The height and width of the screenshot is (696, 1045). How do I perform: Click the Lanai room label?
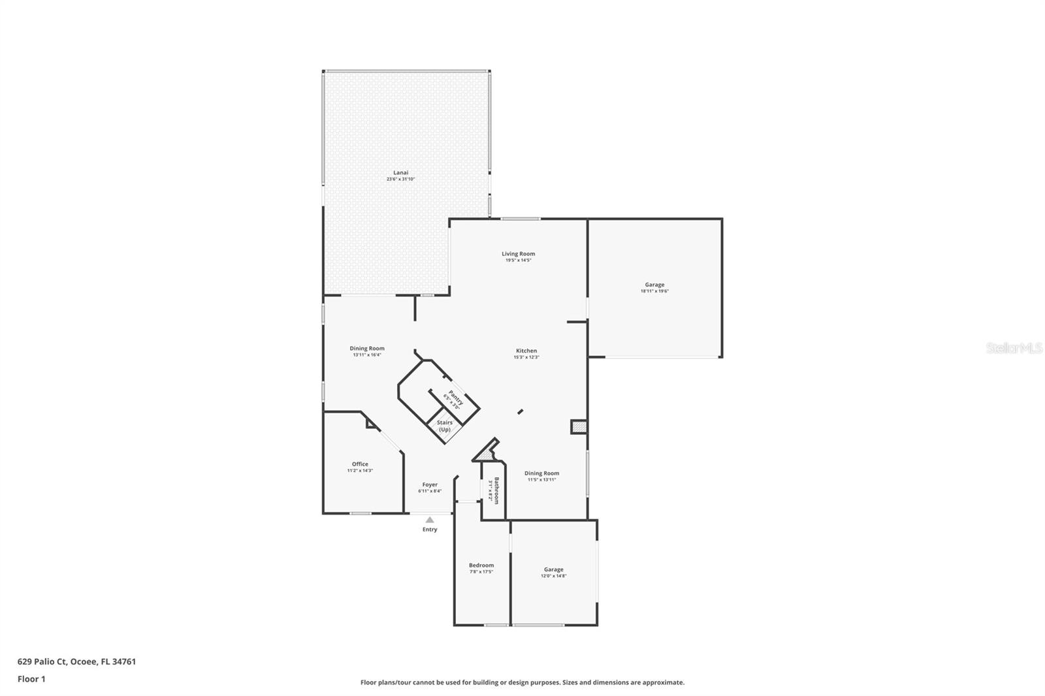400,172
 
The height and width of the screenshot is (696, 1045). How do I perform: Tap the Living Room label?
518,254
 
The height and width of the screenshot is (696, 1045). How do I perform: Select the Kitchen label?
526,351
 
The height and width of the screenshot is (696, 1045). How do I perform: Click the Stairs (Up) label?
445,426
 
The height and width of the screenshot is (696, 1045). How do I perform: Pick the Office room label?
360,464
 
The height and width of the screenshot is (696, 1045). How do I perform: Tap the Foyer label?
430,484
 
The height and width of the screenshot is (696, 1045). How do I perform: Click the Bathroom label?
496,490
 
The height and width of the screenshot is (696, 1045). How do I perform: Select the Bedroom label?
481,565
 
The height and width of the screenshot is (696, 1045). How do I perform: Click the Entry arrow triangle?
430,520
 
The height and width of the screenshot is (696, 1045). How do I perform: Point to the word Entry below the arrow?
430,530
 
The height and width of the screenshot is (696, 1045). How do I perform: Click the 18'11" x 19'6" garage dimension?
654,291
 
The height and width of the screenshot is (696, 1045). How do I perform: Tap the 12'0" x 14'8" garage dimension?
553,576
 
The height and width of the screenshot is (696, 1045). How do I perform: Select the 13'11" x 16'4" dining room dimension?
367,355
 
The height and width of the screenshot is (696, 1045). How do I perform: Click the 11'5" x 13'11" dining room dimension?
541,480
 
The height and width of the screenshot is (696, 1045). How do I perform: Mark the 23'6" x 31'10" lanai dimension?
400,179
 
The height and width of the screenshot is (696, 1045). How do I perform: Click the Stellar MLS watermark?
1014,349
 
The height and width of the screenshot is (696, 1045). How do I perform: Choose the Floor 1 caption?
31,679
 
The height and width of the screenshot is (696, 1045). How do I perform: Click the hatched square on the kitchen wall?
579,427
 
